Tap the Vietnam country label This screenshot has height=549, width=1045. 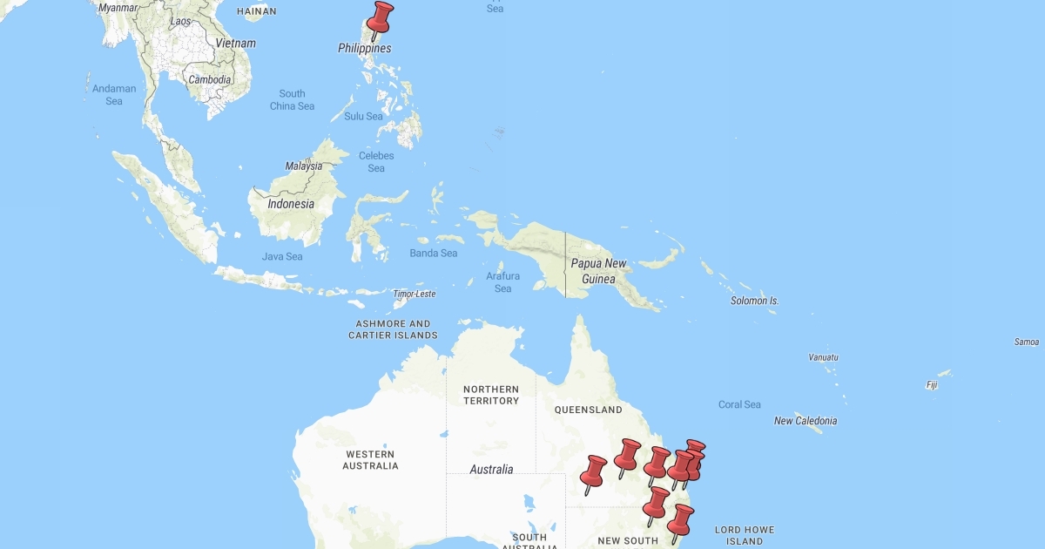[x=236, y=44]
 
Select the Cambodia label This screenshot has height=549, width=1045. [x=210, y=79]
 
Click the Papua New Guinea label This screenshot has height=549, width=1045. [x=598, y=271]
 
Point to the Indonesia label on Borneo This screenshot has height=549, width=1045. [x=291, y=204]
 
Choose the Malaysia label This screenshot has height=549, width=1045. [x=304, y=166]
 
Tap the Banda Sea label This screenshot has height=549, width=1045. [x=434, y=254]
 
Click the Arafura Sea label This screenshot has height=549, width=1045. [x=503, y=282]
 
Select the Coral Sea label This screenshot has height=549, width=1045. [x=739, y=404]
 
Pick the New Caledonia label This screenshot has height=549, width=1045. [x=806, y=421]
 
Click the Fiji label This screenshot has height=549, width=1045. [x=932, y=384]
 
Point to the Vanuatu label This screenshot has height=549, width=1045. [x=823, y=357]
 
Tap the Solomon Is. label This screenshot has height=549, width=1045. [x=755, y=301]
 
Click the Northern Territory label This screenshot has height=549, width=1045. [x=491, y=395]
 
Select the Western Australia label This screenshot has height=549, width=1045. [x=370, y=460]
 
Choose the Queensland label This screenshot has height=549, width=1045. [x=590, y=410]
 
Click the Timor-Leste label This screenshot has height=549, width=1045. [x=414, y=295]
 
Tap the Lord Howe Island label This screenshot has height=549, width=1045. [x=744, y=535]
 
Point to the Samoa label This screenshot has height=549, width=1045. [x=1027, y=342]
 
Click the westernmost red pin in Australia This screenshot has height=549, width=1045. [x=593, y=472]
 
